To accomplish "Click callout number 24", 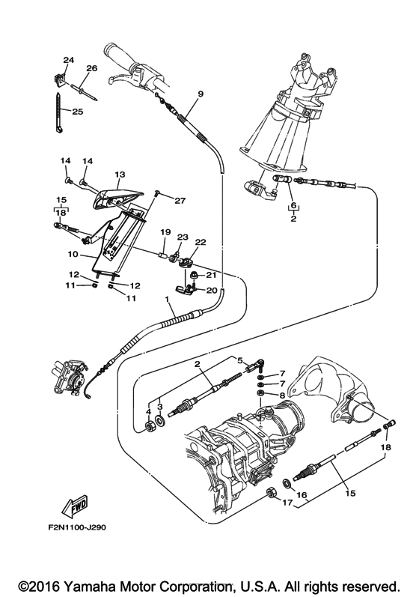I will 69,60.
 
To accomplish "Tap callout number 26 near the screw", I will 92,68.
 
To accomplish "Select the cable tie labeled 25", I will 58,112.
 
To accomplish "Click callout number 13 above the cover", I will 120,174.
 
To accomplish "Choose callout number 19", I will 165,232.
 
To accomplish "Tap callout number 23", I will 183,237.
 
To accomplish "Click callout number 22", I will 201,243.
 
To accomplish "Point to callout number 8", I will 281,394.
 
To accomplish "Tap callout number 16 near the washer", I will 302,495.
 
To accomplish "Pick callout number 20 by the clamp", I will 211,290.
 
